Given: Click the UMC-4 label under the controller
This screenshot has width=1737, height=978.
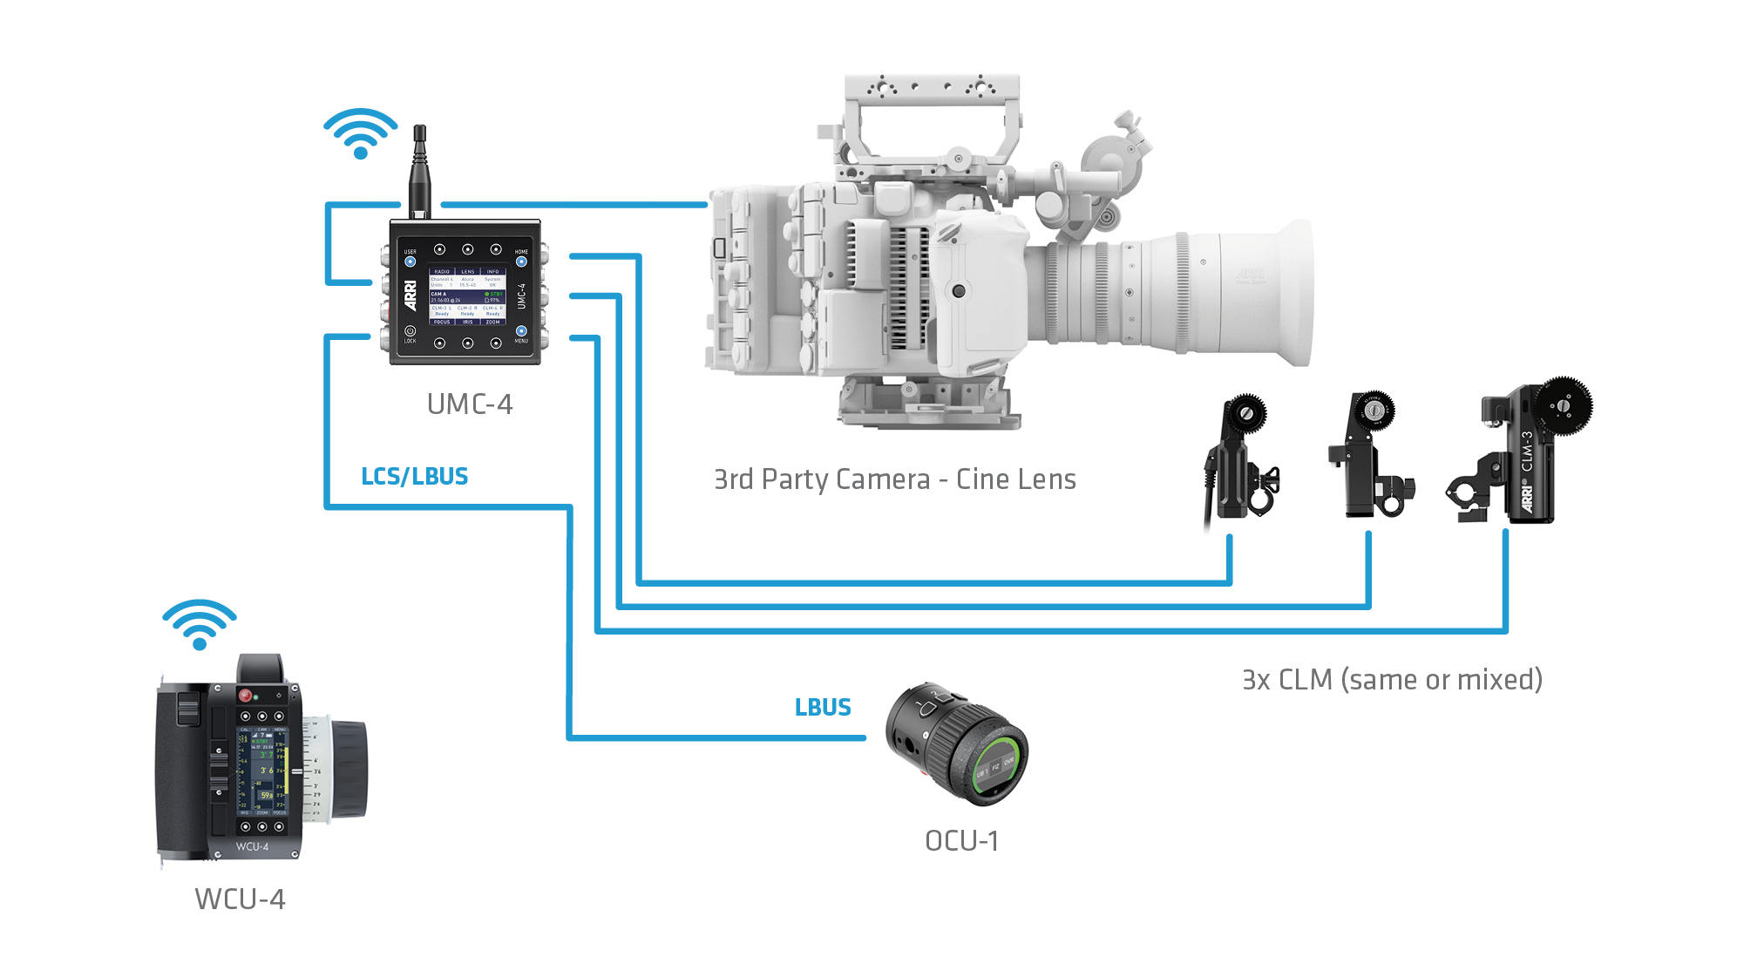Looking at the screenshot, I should click(469, 404).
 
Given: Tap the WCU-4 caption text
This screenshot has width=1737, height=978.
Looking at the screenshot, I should click(240, 899).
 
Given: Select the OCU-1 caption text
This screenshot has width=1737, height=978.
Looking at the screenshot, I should click(961, 841).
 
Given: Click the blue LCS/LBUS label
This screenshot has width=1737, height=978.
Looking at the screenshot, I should click(415, 477).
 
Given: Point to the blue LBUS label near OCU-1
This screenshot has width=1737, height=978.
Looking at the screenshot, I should click(823, 707).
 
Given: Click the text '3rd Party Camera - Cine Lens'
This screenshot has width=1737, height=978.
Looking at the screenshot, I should click(894, 479).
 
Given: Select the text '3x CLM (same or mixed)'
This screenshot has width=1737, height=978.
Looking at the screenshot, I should click(1392, 680).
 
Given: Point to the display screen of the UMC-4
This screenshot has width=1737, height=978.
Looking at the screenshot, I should click(467, 296).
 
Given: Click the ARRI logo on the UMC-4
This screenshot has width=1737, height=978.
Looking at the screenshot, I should click(411, 295).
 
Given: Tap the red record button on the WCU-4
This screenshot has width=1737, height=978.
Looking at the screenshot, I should click(246, 695).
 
